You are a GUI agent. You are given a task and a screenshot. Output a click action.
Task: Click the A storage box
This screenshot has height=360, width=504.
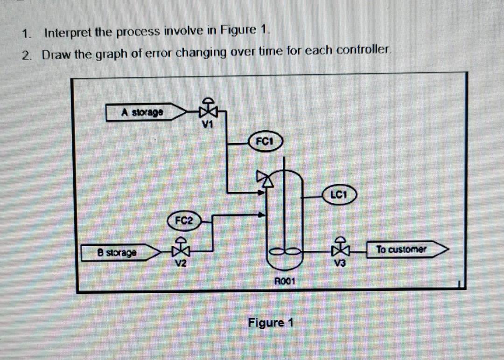pyautogui.click(x=142, y=112)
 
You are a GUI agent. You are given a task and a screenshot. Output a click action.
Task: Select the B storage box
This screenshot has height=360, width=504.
pyautogui.click(x=117, y=253)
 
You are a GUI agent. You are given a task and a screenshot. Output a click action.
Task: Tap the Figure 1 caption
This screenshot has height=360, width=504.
pyautogui.click(x=271, y=323)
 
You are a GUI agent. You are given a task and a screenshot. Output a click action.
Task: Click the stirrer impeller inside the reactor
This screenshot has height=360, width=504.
pyautogui.click(x=284, y=252)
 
